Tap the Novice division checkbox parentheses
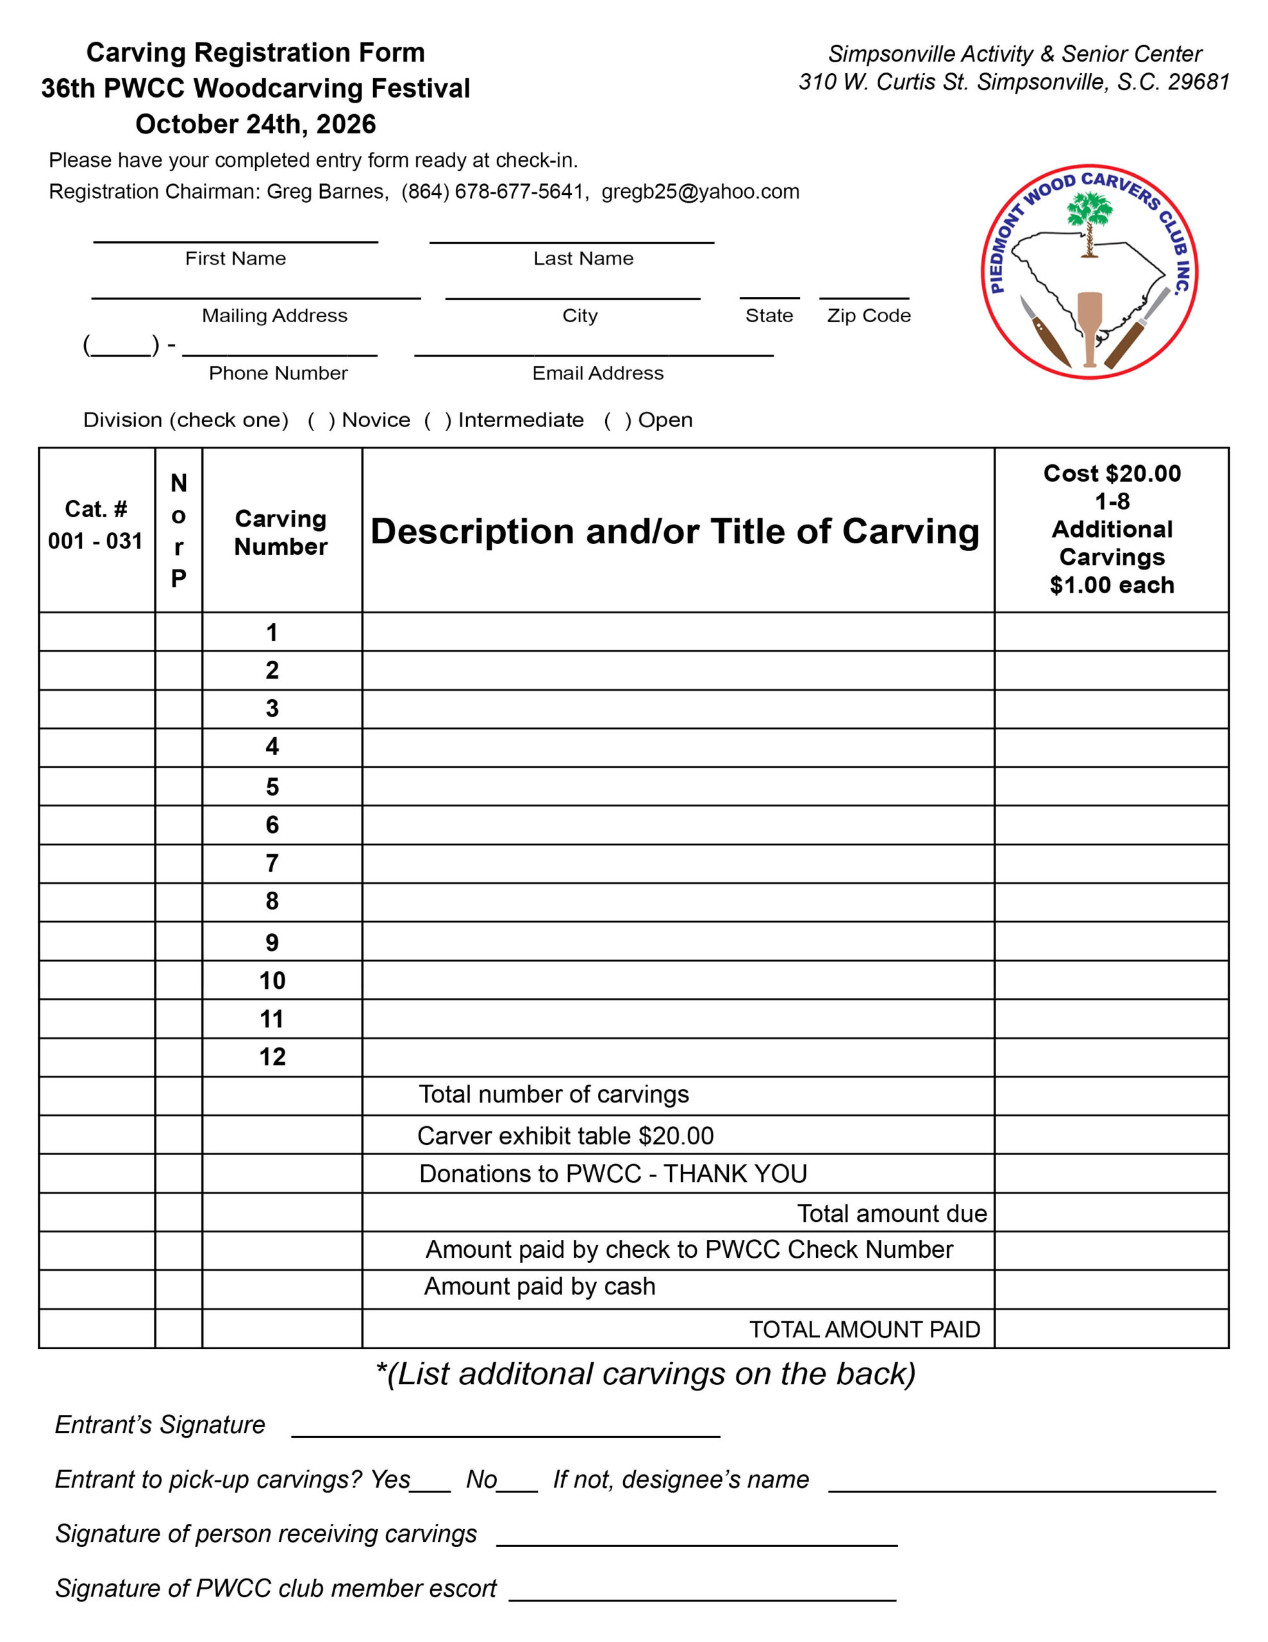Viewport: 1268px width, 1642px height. click(x=321, y=420)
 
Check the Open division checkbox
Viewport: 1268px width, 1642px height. click(x=617, y=420)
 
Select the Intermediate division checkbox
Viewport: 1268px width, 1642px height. click(x=437, y=420)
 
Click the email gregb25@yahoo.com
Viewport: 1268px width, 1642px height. click(x=700, y=192)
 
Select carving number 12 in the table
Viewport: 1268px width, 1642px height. click(x=272, y=1056)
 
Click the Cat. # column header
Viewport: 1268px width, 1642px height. click(x=96, y=525)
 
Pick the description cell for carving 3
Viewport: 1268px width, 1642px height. click(x=678, y=708)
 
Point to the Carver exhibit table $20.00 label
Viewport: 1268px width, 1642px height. click(x=565, y=1135)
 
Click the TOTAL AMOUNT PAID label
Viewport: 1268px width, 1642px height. click(x=864, y=1329)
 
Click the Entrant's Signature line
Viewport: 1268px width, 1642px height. click(x=505, y=1428)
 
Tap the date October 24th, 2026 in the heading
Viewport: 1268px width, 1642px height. click(x=256, y=124)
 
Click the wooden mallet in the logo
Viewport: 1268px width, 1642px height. click(x=1089, y=327)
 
